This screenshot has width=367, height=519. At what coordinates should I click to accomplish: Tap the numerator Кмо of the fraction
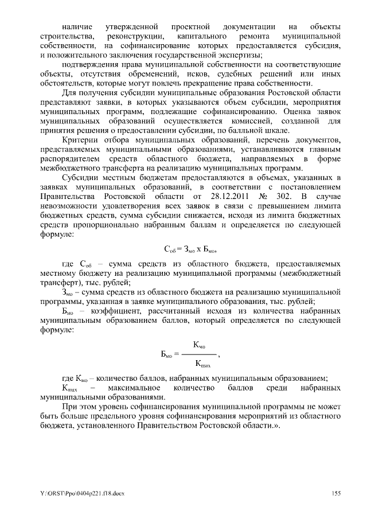point(200,344)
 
